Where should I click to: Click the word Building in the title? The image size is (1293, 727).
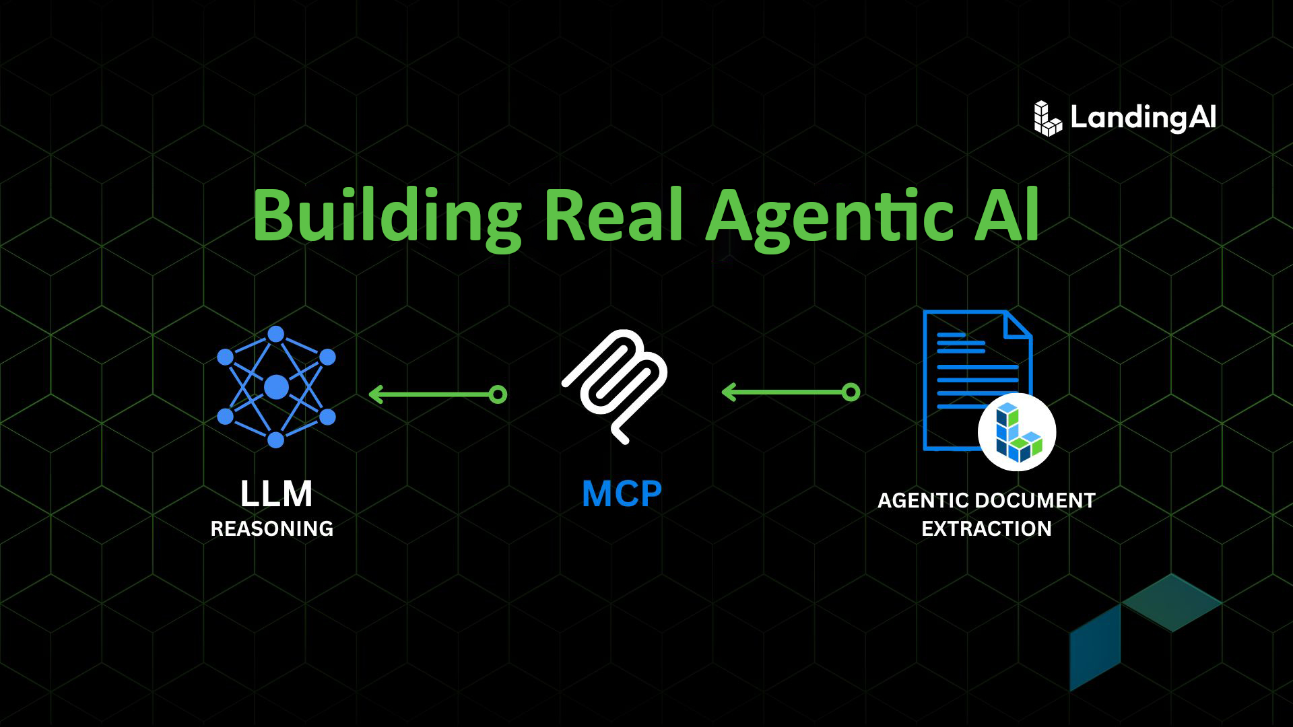[x=387, y=215]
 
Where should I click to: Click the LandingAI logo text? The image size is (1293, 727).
[x=1143, y=118]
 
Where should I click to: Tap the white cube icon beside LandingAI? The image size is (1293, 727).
[x=1047, y=118]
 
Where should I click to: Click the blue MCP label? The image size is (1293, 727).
[x=622, y=494]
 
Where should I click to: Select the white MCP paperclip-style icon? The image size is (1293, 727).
[x=615, y=386]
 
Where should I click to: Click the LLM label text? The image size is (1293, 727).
[x=276, y=495]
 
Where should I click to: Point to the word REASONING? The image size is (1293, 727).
[x=272, y=529]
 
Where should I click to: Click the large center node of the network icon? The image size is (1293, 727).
[x=276, y=387]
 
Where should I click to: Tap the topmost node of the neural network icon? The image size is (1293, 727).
[x=276, y=334]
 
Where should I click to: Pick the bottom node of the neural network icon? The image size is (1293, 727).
[x=276, y=440]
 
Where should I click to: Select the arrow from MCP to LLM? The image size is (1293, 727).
[x=438, y=394]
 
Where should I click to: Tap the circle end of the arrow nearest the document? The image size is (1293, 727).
[x=851, y=392]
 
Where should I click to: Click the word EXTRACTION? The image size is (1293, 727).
[x=987, y=529]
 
